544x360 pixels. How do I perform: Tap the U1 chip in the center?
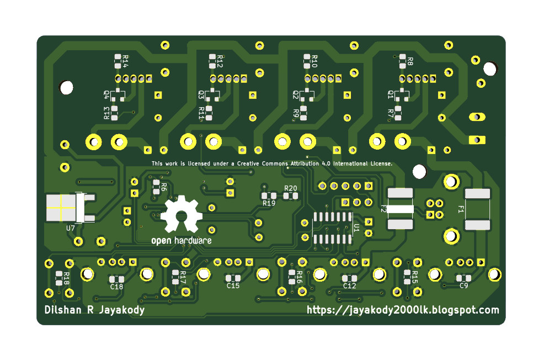[x=333, y=227]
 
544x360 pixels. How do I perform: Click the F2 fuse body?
[x=400, y=209]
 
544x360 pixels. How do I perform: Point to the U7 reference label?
[x=71, y=227]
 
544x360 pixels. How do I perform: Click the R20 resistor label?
[x=290, y=188]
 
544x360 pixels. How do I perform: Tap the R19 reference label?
[x=269, y=203]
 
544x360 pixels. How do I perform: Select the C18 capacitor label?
[x=116, y=287]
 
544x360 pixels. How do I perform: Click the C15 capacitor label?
[x=233, y=285]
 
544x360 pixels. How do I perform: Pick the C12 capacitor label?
[x=349, y=285]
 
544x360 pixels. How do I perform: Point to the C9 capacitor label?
[x=463, y=285]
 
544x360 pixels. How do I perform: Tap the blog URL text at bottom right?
[x=403, y=310]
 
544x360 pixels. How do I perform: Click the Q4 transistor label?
[x=106, y=94]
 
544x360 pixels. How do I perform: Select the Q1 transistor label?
[x=391, y=94]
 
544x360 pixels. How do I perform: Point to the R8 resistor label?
[x=410, y=61]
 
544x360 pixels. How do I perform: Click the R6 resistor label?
[x=163, y=187]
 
